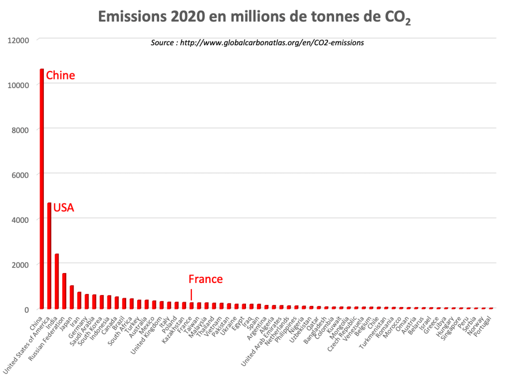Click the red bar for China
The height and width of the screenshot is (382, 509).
point(42,189)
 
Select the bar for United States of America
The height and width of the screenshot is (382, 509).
point(49,256)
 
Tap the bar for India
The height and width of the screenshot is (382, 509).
point(57,282)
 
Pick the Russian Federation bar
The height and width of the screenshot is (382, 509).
point(64,291)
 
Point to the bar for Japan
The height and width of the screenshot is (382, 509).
point(72,297)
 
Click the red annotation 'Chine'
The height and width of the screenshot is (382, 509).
point(60,76)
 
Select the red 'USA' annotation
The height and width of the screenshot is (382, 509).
point(64,207)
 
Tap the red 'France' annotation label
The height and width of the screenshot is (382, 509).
point(205,279)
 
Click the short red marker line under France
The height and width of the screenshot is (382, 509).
point(191,293)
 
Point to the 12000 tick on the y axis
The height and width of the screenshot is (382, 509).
point(19,40)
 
